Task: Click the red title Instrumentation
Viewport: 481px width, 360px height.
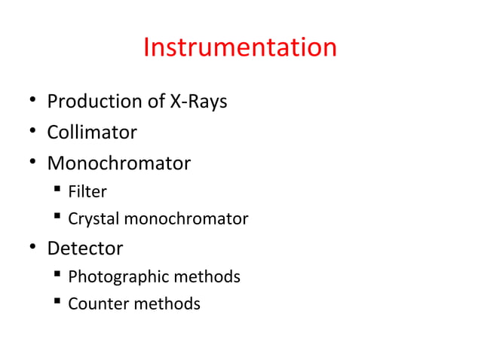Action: [x=240, y=48]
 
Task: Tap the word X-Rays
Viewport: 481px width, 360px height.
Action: [x=198, y=101]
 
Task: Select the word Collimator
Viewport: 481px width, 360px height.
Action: [x=92, y=133]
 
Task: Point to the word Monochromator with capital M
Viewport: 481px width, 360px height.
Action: [x=118, y=163]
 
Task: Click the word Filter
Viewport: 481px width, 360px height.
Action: [x=87, y=191]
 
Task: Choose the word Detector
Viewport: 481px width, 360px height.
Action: [x=85, y=247]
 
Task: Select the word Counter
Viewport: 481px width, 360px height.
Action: [x=97, y=304]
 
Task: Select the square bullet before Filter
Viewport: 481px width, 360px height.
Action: [x=57, y=191]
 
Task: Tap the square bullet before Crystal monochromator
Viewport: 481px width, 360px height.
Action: [x=57, y=219]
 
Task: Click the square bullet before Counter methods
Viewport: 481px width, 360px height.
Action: [x=57, y=304]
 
